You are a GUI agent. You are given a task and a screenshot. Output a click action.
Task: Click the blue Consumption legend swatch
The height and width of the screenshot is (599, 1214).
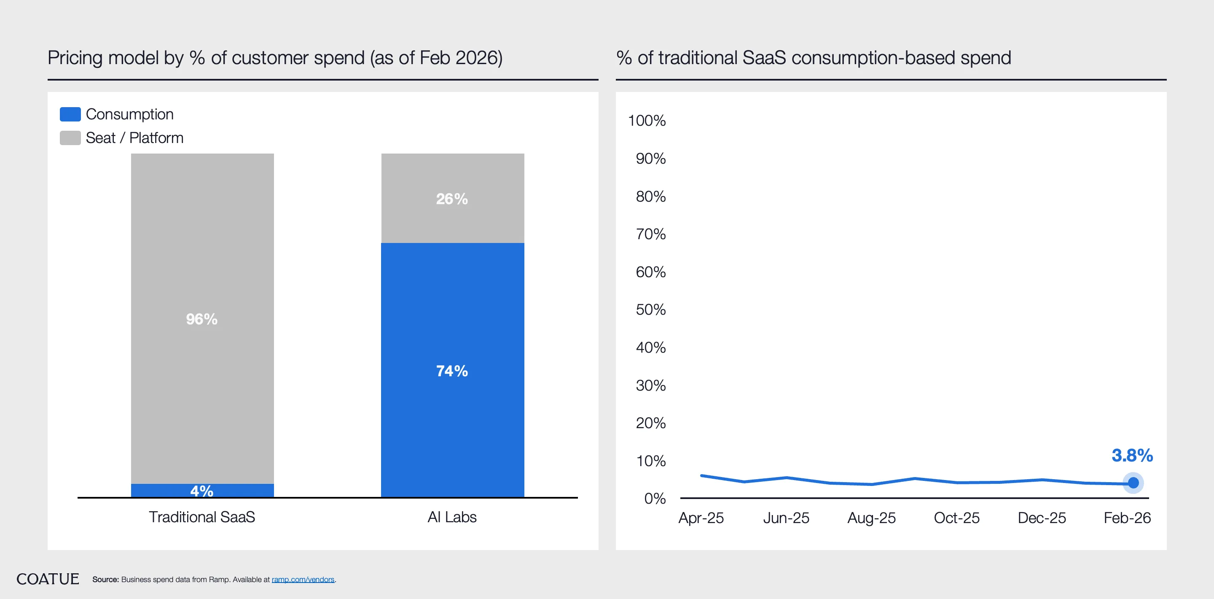(70, 114)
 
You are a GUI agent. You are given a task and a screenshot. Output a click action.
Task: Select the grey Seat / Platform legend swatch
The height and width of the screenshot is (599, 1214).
(70, 138)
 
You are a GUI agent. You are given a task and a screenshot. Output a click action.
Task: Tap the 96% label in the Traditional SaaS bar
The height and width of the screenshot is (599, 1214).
(202, 319)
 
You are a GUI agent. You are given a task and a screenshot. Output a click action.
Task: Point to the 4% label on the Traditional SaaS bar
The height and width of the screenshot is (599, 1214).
(202, 491)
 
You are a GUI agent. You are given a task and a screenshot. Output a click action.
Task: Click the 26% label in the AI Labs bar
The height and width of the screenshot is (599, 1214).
(452, 199)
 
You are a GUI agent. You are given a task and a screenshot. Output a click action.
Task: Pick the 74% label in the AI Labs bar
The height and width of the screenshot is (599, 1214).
(452, 371)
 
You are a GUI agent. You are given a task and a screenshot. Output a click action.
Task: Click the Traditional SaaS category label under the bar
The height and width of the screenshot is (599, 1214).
(202, 517)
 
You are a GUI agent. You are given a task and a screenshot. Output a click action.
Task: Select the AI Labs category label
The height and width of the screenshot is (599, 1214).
(452, 517)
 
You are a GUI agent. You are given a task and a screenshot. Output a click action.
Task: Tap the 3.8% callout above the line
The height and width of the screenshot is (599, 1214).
(1132, 456)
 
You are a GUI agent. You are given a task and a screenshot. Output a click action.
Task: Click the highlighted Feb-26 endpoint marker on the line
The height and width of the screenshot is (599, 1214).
(1133, 483)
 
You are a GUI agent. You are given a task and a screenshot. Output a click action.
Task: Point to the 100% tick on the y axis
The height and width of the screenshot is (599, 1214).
(647, 121)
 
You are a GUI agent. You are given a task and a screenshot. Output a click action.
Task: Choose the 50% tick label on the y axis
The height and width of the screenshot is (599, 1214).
(650, 310)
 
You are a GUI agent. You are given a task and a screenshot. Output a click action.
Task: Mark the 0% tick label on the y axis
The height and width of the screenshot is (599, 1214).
(655, 499)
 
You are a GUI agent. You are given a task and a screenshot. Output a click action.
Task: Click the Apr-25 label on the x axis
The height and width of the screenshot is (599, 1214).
(701, 518)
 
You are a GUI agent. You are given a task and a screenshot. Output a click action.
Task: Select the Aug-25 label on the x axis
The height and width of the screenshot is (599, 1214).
(871, 518)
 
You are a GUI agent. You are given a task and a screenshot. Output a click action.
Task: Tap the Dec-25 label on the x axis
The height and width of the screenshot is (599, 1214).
(1042, 518)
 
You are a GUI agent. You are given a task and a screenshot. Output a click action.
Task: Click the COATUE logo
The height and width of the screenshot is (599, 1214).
(48, 579)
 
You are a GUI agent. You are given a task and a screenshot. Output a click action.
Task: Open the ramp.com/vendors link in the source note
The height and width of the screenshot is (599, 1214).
(303, 580)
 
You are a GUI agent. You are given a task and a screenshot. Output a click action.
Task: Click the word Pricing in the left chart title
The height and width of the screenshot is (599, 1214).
(75, 58)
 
